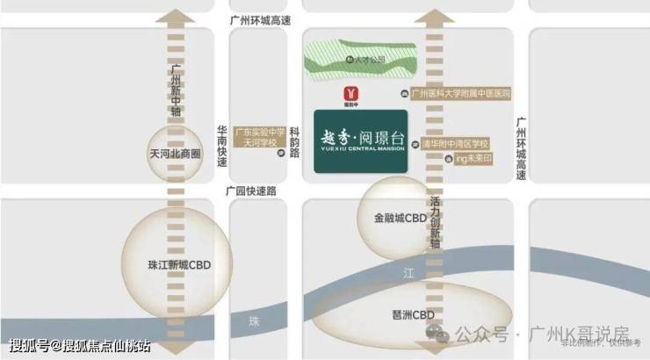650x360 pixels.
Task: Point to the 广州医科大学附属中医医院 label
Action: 461,93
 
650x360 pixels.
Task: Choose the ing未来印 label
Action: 473,160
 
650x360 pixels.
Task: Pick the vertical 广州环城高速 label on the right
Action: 521,149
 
